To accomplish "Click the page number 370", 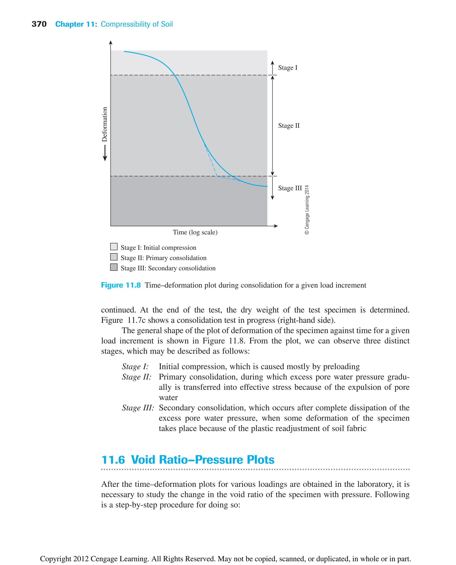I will point(39,24).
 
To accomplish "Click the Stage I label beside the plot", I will point(288,68).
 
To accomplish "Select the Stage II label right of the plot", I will point(289,126).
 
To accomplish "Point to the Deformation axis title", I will point(105,124).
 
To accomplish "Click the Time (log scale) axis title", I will point(195,232).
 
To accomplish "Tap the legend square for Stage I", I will point(114,246).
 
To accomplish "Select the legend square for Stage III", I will point(114,267).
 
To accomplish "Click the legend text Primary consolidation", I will point(176,258).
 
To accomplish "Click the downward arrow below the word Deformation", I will point(105,153).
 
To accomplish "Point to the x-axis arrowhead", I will point(276,226).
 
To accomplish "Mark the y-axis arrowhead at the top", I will point(111,43).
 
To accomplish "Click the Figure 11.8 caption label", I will point(121,285).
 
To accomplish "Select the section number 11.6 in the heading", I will point(113,460).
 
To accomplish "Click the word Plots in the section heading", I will point(260,460).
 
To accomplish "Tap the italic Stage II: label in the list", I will point(136,377).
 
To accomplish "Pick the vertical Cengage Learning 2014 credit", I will point(307,210).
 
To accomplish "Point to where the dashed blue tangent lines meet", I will point(217,176).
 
